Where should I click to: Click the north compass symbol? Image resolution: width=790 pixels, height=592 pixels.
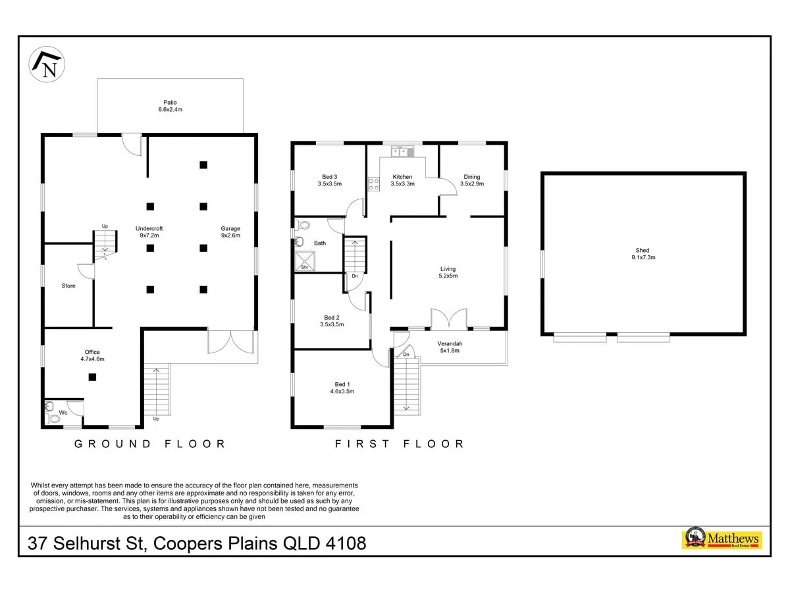[x=47, y=64]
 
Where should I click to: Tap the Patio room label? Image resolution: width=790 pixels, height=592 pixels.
[x=171, y=106]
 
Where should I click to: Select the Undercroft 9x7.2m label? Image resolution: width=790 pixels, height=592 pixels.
[x=149, y=232]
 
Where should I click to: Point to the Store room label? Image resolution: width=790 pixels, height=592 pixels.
[x=68, y=285]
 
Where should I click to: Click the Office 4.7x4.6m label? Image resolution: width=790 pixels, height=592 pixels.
[x=93, y=355]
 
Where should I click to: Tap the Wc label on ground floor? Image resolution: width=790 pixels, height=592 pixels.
[x=63, y=412]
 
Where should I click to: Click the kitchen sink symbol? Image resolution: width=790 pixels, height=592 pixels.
[x=403, y=152]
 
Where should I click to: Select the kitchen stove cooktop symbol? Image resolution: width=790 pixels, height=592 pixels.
[x=373, y=184]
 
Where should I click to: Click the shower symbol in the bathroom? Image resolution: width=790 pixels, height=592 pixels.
[x=305, y=261]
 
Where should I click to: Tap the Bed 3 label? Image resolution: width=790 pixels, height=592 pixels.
[x=330, y=180]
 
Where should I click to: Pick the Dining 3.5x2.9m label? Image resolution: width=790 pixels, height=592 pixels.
[x=472, y=180]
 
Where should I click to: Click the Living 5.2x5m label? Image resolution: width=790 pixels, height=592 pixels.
[x=448, y=272]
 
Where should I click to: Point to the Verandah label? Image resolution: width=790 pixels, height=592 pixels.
[x=450, y=347]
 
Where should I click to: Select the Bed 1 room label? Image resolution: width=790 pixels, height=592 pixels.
[x=342, y=388]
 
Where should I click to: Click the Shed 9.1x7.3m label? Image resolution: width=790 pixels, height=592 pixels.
[x=643, y=254]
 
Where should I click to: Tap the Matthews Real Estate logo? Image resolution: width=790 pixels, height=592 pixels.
[x=722, y=539]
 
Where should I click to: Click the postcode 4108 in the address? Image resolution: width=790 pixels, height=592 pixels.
[x=346, y=543]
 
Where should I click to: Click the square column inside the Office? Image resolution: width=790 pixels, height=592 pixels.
[x=93, y=377]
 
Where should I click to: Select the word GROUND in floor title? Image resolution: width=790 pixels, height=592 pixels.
[x=113, y=444]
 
